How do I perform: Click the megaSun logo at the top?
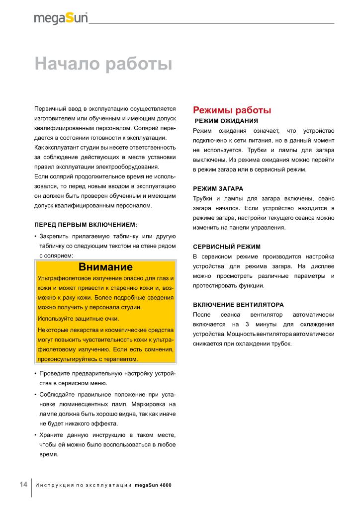(61, 18)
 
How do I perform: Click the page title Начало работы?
(103, 65)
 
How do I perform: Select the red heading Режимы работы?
(232, 110)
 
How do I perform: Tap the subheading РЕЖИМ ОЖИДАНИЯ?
(226, 121)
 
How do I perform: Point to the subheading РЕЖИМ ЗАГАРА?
(218, 189)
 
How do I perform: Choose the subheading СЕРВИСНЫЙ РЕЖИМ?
(226, 247)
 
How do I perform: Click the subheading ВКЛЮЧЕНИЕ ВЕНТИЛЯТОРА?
(238, 304)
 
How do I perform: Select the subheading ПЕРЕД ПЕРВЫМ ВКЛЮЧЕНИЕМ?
(86, 225)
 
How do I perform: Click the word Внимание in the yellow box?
(105, 267)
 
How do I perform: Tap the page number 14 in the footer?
(23, 485)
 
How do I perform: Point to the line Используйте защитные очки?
(78, 319)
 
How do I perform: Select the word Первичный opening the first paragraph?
(48, 108)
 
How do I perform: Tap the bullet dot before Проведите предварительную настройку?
(35, 374)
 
